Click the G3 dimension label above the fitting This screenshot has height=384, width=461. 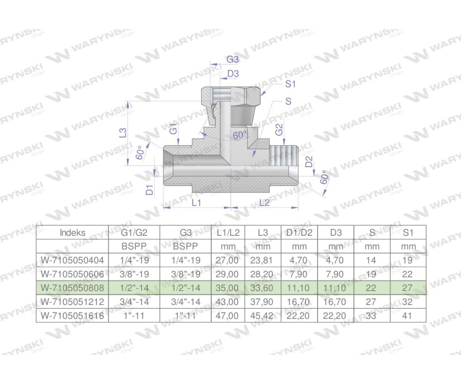pos(233,60)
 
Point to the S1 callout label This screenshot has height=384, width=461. pos(290,84)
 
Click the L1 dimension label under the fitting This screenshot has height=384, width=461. pos(196,202)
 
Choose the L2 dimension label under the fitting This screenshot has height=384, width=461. pos(264,202)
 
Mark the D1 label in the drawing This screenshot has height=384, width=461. pos(150,189)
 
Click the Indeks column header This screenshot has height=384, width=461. pos(73,232)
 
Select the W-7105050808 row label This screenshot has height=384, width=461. pos(73,288)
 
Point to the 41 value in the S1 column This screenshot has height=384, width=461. pos(408,316)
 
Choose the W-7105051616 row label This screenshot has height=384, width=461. pos(73,316)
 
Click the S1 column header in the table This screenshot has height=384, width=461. pos(408,232)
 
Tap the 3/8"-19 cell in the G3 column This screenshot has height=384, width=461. pos(185,274)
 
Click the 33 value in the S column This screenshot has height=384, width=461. pos(371,316)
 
